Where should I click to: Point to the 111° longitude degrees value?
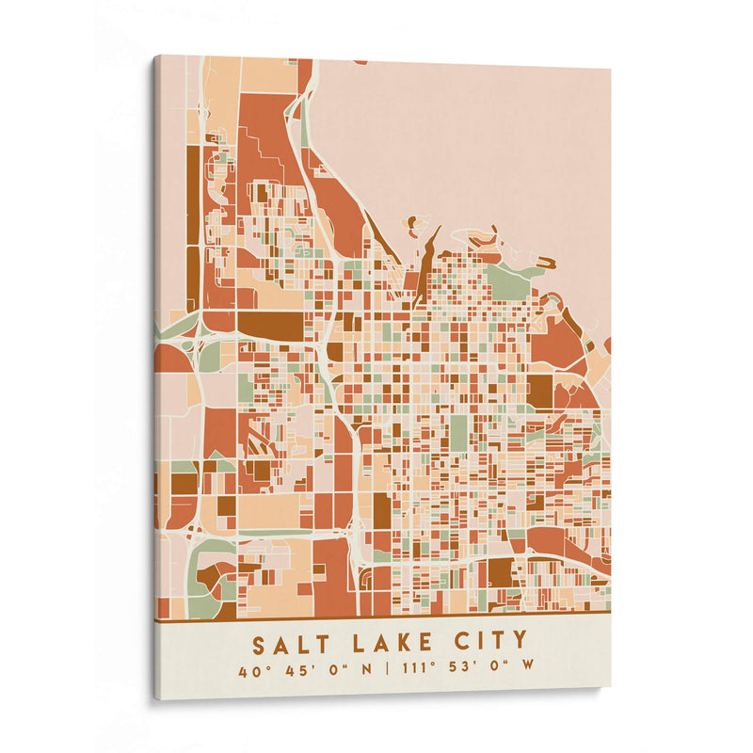pyautogui.click(x=418, y=671)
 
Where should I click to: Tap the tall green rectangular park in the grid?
pyautogui.click(x=458, y=432)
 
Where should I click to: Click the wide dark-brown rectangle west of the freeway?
pyautogui.click(x=270, y=325)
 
